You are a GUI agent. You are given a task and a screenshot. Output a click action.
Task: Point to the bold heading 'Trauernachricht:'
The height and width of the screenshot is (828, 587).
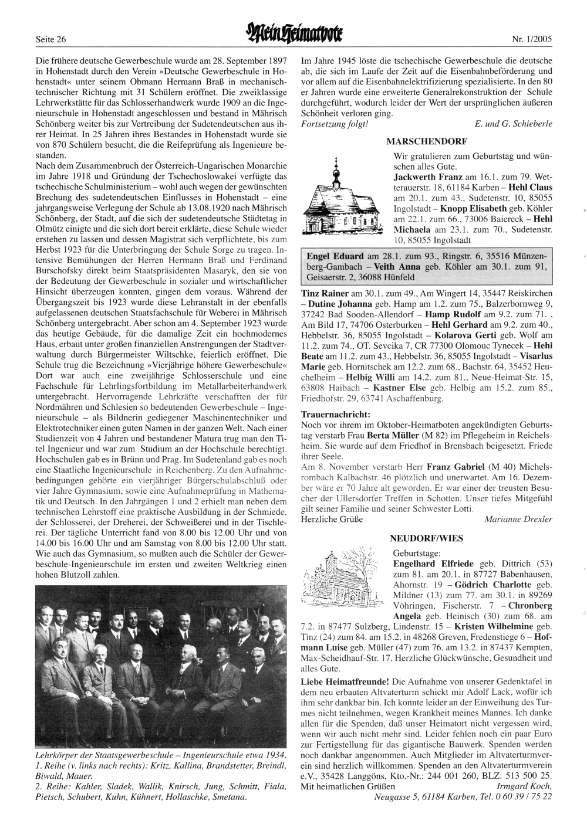[335, 414]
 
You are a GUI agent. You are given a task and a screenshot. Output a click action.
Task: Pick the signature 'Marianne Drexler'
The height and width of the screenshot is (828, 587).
[518, 519]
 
